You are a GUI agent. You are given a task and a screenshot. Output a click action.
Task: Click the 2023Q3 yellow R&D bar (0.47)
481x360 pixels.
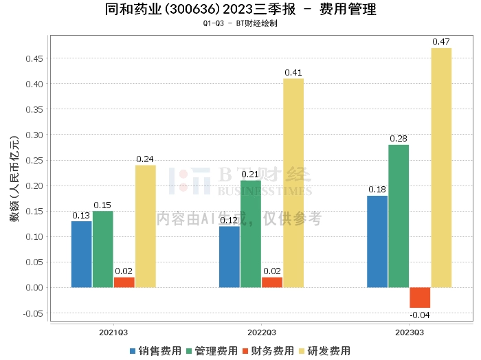tap(441, 167)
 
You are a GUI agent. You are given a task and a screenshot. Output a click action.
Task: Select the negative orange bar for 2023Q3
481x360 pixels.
tap(420, 297)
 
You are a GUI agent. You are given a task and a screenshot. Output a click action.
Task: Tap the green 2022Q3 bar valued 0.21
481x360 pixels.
tap(251, 234)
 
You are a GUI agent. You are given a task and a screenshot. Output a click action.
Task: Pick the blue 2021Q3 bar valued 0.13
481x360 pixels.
tap(82, 254)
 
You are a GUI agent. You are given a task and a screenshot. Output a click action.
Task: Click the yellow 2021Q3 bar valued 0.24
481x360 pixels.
tap(145, 226)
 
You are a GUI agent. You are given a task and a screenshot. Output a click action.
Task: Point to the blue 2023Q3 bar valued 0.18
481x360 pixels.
tap(377, 241)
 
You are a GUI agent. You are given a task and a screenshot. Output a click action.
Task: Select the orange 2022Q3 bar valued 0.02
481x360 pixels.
tap(272, 282)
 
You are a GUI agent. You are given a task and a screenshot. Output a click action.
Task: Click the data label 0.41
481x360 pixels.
tap(293, 72)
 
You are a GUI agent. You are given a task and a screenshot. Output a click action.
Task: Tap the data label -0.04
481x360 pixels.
tap(420, 315)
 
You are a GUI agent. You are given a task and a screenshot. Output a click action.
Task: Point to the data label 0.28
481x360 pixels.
tap(399, 139)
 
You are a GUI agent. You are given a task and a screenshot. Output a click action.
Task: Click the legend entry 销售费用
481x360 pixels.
tap(155, 350)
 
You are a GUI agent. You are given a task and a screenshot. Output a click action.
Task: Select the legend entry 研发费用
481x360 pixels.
tap(324, 350)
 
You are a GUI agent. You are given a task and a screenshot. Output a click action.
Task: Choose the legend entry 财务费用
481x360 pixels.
tap(268, 350)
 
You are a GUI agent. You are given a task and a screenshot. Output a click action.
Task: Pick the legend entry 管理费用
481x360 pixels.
tap(212, 350)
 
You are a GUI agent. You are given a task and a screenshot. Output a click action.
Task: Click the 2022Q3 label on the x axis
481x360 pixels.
tap(261, 331)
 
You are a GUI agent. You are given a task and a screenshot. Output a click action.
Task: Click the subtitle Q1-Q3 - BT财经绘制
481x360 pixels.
tap(240, 23)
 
